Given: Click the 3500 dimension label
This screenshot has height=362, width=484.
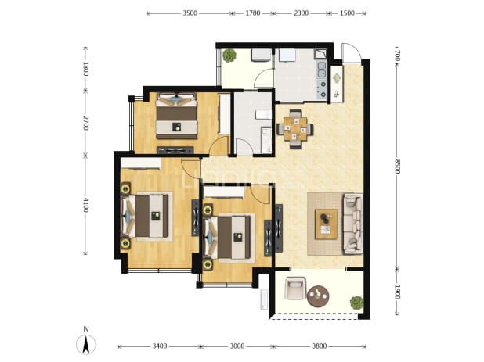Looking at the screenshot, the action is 190,13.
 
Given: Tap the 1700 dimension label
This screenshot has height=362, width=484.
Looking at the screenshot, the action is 252,13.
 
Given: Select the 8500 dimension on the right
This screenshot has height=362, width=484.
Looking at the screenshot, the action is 397,167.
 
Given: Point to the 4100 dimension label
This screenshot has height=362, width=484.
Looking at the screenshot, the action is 85,205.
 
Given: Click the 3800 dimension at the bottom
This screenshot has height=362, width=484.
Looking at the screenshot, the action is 320,346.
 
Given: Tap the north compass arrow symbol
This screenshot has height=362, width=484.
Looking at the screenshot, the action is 86,344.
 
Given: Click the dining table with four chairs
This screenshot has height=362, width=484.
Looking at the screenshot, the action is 295,129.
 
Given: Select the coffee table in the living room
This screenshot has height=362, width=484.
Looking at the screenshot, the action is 326,224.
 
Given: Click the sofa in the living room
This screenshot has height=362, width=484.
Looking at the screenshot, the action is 352,224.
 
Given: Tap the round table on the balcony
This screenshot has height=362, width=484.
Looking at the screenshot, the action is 318,296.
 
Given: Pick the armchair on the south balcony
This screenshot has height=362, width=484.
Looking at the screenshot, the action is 295,289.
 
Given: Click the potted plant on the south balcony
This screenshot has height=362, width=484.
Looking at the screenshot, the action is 356,303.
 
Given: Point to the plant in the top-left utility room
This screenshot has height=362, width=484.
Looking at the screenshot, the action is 229,56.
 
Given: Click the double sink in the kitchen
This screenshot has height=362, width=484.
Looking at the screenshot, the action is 321,70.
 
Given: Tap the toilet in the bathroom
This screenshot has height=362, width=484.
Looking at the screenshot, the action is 263,115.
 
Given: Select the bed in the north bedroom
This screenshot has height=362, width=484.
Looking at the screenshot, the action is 176,116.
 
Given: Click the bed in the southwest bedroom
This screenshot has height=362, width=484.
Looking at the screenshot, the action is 146,217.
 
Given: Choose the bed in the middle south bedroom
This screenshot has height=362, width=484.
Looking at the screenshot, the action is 229,237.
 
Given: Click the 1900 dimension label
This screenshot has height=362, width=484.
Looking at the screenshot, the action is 397,292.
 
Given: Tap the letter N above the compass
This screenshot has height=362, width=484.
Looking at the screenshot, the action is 86,329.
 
